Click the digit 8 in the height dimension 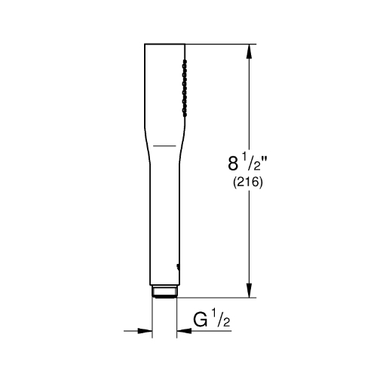click(x=233, y=164)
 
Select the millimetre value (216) click(x=248, y=182)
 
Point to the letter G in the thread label click(x=201, y=320)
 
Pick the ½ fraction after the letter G click(x=221, y=319)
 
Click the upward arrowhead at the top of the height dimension click(x=249, y=51)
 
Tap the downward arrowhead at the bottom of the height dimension click(x=249, y=290)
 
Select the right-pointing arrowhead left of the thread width click(x=145, y=331)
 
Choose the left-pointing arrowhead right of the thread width click(x=184, y=331)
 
